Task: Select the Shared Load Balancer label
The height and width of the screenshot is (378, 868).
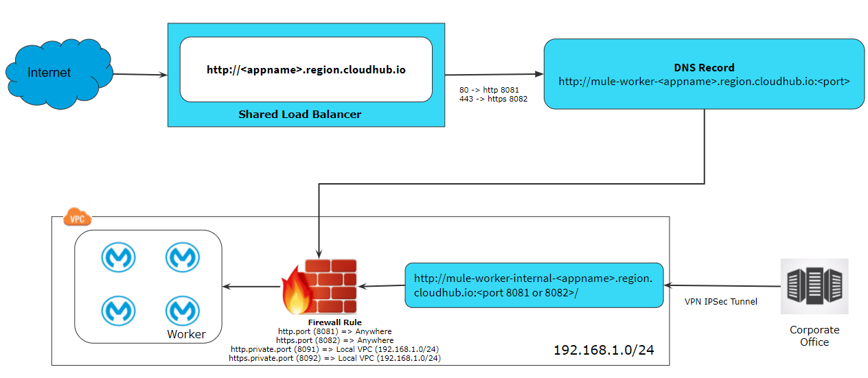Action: click(x=299, y=114)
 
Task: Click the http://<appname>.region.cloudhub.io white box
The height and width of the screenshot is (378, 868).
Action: click(x=306, y=69)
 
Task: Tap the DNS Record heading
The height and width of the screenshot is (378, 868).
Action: click(x=704, y=68)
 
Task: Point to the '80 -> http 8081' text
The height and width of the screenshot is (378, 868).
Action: click(x=489, y=89)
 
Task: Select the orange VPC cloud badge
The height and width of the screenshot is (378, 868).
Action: click(x=77, y=218)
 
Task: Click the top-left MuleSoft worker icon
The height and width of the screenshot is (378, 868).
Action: click(x=118, y=258)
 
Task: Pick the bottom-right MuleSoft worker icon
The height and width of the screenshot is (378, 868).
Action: click(x=183, y=311)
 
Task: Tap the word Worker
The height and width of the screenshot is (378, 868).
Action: click(x=186, y=334)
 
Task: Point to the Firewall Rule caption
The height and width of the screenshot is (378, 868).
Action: click(x=335, y=322)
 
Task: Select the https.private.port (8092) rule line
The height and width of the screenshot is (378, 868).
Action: click(x=334, y=358)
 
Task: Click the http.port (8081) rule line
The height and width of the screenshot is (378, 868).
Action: click(x=335, y=331)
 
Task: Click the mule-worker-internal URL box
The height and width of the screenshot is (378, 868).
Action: click(x=534, y=285)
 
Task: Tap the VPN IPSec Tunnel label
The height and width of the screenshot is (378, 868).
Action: click(x=720, y=301)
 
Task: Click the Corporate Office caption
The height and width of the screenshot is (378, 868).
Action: click(x=814, y=335)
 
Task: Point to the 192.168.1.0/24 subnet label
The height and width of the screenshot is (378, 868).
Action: click(x=604, y=350)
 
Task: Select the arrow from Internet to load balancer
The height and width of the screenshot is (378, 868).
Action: click(x=139, y=74)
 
